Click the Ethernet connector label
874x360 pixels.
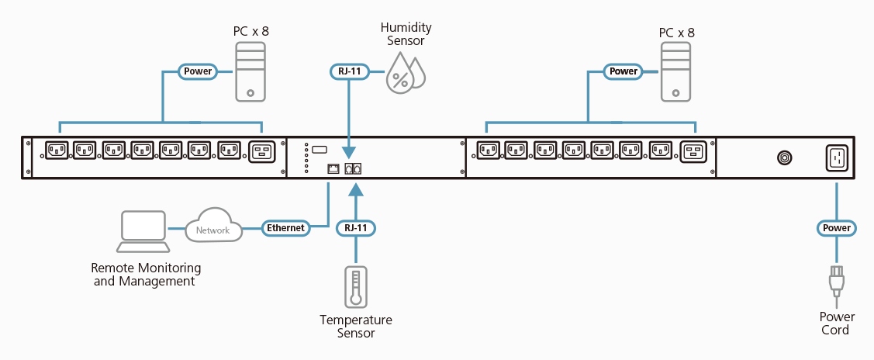pyautogui.click(x=286, y=228)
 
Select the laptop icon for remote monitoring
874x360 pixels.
pyautogui.click(x=143, y=230)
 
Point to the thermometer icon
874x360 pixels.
pyautogui.click(x=356, y=286)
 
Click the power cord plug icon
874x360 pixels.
pyautogui.click(x=837, y=281)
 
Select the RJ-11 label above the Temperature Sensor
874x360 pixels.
pyautogui.click(x=356, y=228)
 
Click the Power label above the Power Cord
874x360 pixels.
pyautogui.click(x=838, y=228)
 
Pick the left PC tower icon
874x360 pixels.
pyautogui.click(x=250, y=72)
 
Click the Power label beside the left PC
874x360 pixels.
pyautogui.click(x=198, y=72)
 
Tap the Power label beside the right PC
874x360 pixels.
pyautogui.click(x=624, y=72)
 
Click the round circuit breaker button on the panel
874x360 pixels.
pyautogui.click(x=785, y=158)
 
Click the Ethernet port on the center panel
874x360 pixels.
pyautogui.click(x=333, y=168)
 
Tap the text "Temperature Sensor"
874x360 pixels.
pyautogui.click(x=356, y=327)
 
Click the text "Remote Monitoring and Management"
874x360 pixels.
pyautogui.click(x=146, y=275)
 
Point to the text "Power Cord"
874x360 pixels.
pyautogui.click(x=838, y=324)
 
